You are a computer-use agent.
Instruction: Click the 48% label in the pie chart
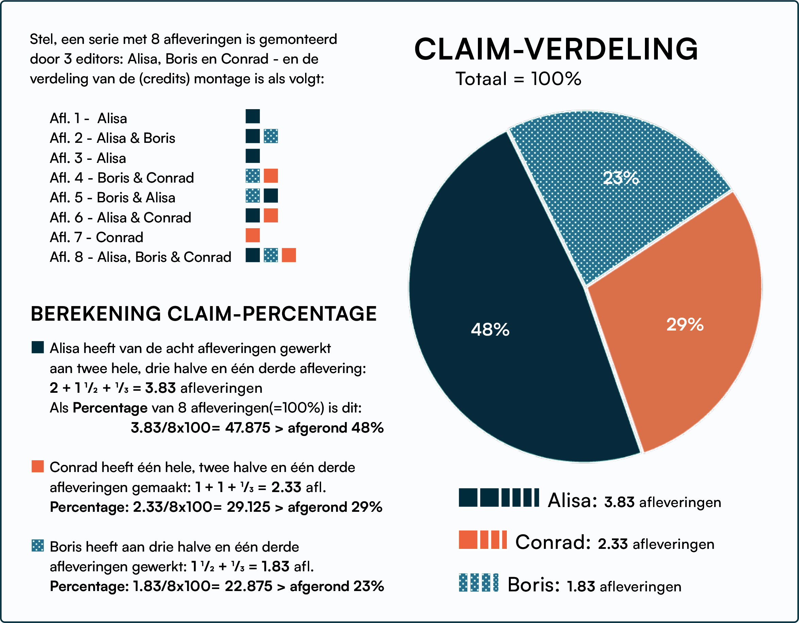tap(490, 330)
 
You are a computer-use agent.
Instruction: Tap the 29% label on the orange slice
tap(685, 324)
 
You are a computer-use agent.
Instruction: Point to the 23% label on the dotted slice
tap(621, 178)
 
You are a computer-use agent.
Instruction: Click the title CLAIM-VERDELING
tap(556, 49)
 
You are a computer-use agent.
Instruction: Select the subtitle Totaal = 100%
tap(518, 79)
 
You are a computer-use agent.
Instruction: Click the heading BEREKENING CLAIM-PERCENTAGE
tap(203, 314)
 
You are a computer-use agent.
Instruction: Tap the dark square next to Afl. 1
tap(252, 116)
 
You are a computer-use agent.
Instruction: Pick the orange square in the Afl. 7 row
tap(252, 235)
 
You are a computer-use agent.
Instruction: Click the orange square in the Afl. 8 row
tap(289, 255)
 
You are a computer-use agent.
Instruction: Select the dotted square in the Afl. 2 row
tap(271, 136)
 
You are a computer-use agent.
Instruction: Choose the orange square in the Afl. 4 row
tap(271, 175)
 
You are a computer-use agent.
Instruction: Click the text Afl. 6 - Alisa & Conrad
tap(120, 218)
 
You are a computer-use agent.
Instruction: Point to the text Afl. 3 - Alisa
tap(88, 158)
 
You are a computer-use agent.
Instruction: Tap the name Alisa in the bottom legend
tap(572, 501)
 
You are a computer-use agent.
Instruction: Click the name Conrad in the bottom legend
tap(552, 542)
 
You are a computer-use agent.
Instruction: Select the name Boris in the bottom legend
tap(533, 585)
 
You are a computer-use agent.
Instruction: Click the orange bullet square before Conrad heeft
tap(38, 467)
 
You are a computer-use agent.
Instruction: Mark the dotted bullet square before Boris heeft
tap(38, 545)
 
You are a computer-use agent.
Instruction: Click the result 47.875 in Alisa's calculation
tap(247, 428)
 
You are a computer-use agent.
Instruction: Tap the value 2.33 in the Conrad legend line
tap(613, 544)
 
